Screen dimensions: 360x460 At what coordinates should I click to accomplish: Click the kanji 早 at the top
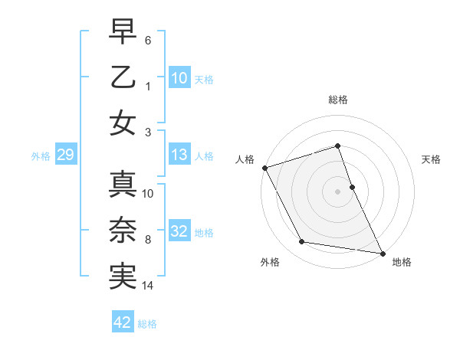pyautogui.click(x=123, y=32)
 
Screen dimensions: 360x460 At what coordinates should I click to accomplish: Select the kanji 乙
pyautogui.click(x=123, y=77)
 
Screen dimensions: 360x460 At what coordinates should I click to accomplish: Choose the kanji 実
pyautogui.click(x=123, y=277)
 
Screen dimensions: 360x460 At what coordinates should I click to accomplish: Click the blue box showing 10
pyautogui.click(x=179, y=77)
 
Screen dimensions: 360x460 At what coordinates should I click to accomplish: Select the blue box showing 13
pyautogui.click(x=179, y=155)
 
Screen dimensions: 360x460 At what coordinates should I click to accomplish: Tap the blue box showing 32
pyautogui.click(x=179, y=231)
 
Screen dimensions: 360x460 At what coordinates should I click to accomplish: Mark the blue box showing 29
pyautogui.click(x=65, y=155)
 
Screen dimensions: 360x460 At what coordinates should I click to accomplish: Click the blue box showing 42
pyautogui.click(x=123, y=322)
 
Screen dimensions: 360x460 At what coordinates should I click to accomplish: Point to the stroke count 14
pyautogui.click(x=149, y=286)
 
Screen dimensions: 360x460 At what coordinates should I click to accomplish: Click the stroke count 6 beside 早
pyautogui.click(x=149, y=39)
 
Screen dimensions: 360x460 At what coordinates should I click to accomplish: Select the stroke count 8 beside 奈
pyautogui.click(x=148, y=240)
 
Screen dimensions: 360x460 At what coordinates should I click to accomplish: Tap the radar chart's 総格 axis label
pyautogui.click(x=338, y=100)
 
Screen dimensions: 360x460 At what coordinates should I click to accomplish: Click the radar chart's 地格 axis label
pyautogui.click(x=402, y=263)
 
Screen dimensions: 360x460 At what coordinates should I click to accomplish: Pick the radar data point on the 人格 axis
pyautogui.click(x=265, y=168)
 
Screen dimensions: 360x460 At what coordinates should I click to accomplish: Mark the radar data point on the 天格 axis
pyautogui.click(x=352, y=186)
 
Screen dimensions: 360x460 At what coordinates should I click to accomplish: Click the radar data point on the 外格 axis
pyautogui.click(x=302, y=242)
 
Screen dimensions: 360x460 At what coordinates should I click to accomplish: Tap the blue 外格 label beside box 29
pyautogui.click(x=41, y=156)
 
